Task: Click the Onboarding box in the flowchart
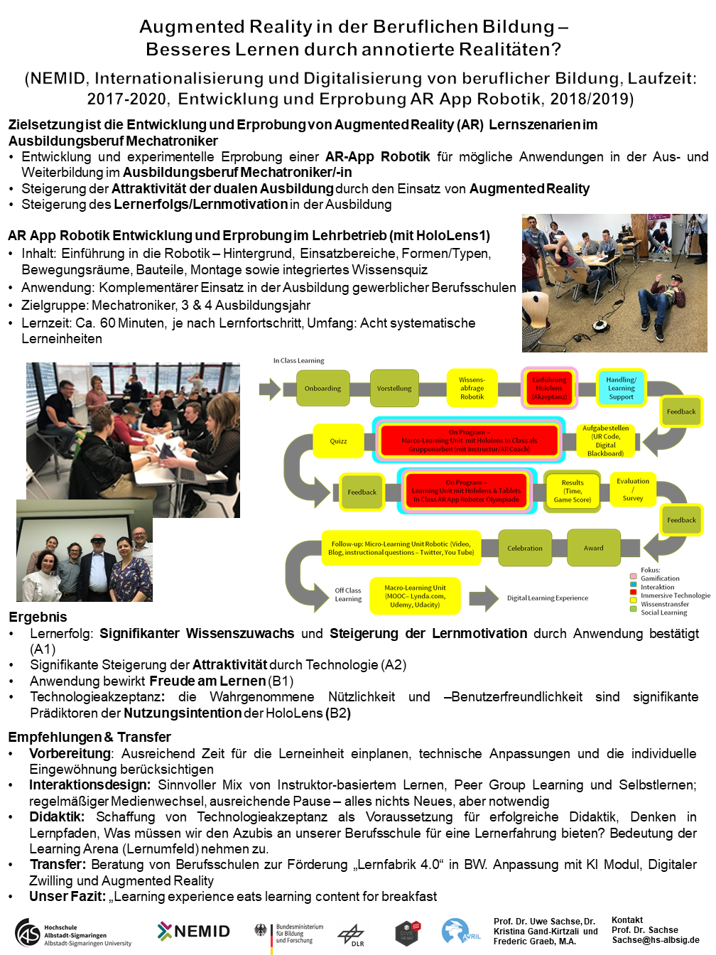click(323, 389)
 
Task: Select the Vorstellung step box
click(394, 389)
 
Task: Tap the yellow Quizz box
click(339, 441)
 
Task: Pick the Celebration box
click(525, 548)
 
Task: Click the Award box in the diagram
click(594, 548)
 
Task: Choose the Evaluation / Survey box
click(633, 490)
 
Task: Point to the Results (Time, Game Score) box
click(573, 491)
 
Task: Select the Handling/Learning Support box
click(621, 388)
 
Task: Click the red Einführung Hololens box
click(549, 388)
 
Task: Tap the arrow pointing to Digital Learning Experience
click(483, 598)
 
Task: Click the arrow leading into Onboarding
click(270, 389)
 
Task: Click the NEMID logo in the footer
click(194, 931)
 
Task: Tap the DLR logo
click(351, 934)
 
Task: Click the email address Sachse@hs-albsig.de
click(656, 940)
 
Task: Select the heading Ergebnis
click(38, 617)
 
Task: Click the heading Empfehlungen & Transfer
click(89, 737)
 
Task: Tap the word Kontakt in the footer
click(627, 920)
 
